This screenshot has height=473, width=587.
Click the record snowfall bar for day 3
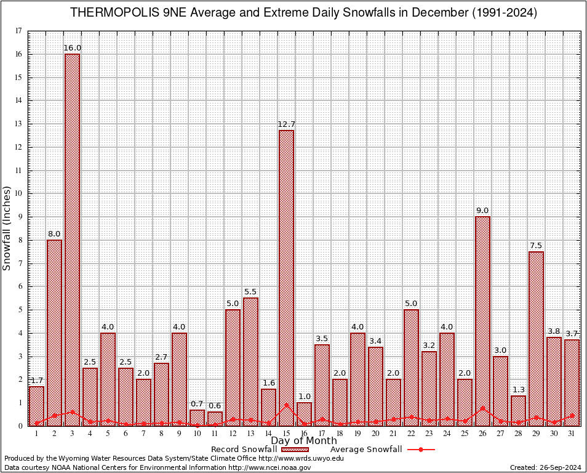(72, 240)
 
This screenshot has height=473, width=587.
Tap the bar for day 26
(482, 320)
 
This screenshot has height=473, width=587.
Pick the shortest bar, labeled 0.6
(215, 419)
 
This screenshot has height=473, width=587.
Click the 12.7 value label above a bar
(286, 124)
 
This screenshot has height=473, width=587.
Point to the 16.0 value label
(72, 48)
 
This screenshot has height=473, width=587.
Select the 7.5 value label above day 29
(536, 246)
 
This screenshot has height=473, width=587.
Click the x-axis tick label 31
(572, 434)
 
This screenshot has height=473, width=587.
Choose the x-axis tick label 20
(375, 434)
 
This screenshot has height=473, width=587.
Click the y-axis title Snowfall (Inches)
(7, 228)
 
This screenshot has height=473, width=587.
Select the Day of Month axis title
(303, 441)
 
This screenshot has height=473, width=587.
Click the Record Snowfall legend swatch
(291, 450)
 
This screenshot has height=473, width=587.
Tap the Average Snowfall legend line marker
(420, 450)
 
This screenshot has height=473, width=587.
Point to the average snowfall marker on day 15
(286, 405)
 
